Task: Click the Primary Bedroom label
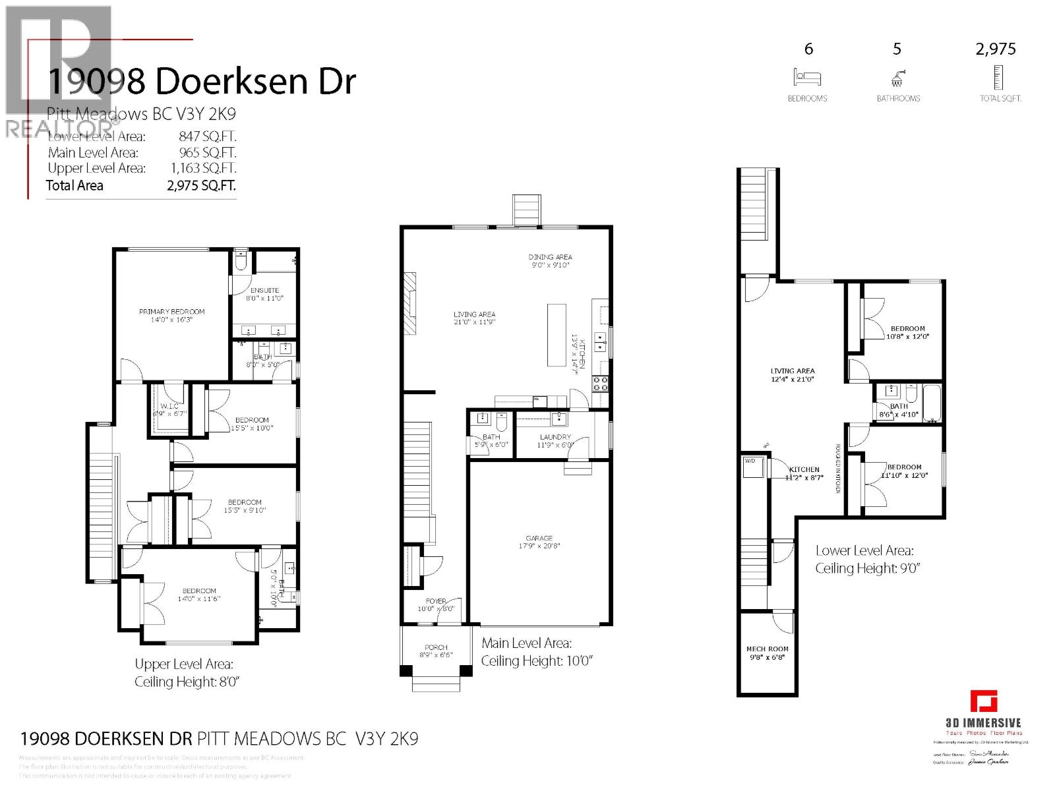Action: click(171, 311)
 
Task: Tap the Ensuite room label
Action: click(264, 290)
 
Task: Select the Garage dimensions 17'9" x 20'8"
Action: click(539, 546)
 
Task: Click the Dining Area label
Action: click(550, 257)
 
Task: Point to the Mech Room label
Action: click(767, 649)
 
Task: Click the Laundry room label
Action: click(555, 437)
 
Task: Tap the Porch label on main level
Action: click(436, 647)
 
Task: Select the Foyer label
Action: click(436, 601)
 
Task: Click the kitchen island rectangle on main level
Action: click(557, 335)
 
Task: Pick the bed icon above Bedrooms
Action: click(807, 77)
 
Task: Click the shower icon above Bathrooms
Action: click(897, 78)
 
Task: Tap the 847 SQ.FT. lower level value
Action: click(207, 136)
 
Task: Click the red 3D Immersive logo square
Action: click(983, 701)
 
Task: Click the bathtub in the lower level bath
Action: click(930, 403)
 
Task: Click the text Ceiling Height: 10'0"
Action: click(537, 660)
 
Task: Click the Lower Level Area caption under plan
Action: click(864, 550)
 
